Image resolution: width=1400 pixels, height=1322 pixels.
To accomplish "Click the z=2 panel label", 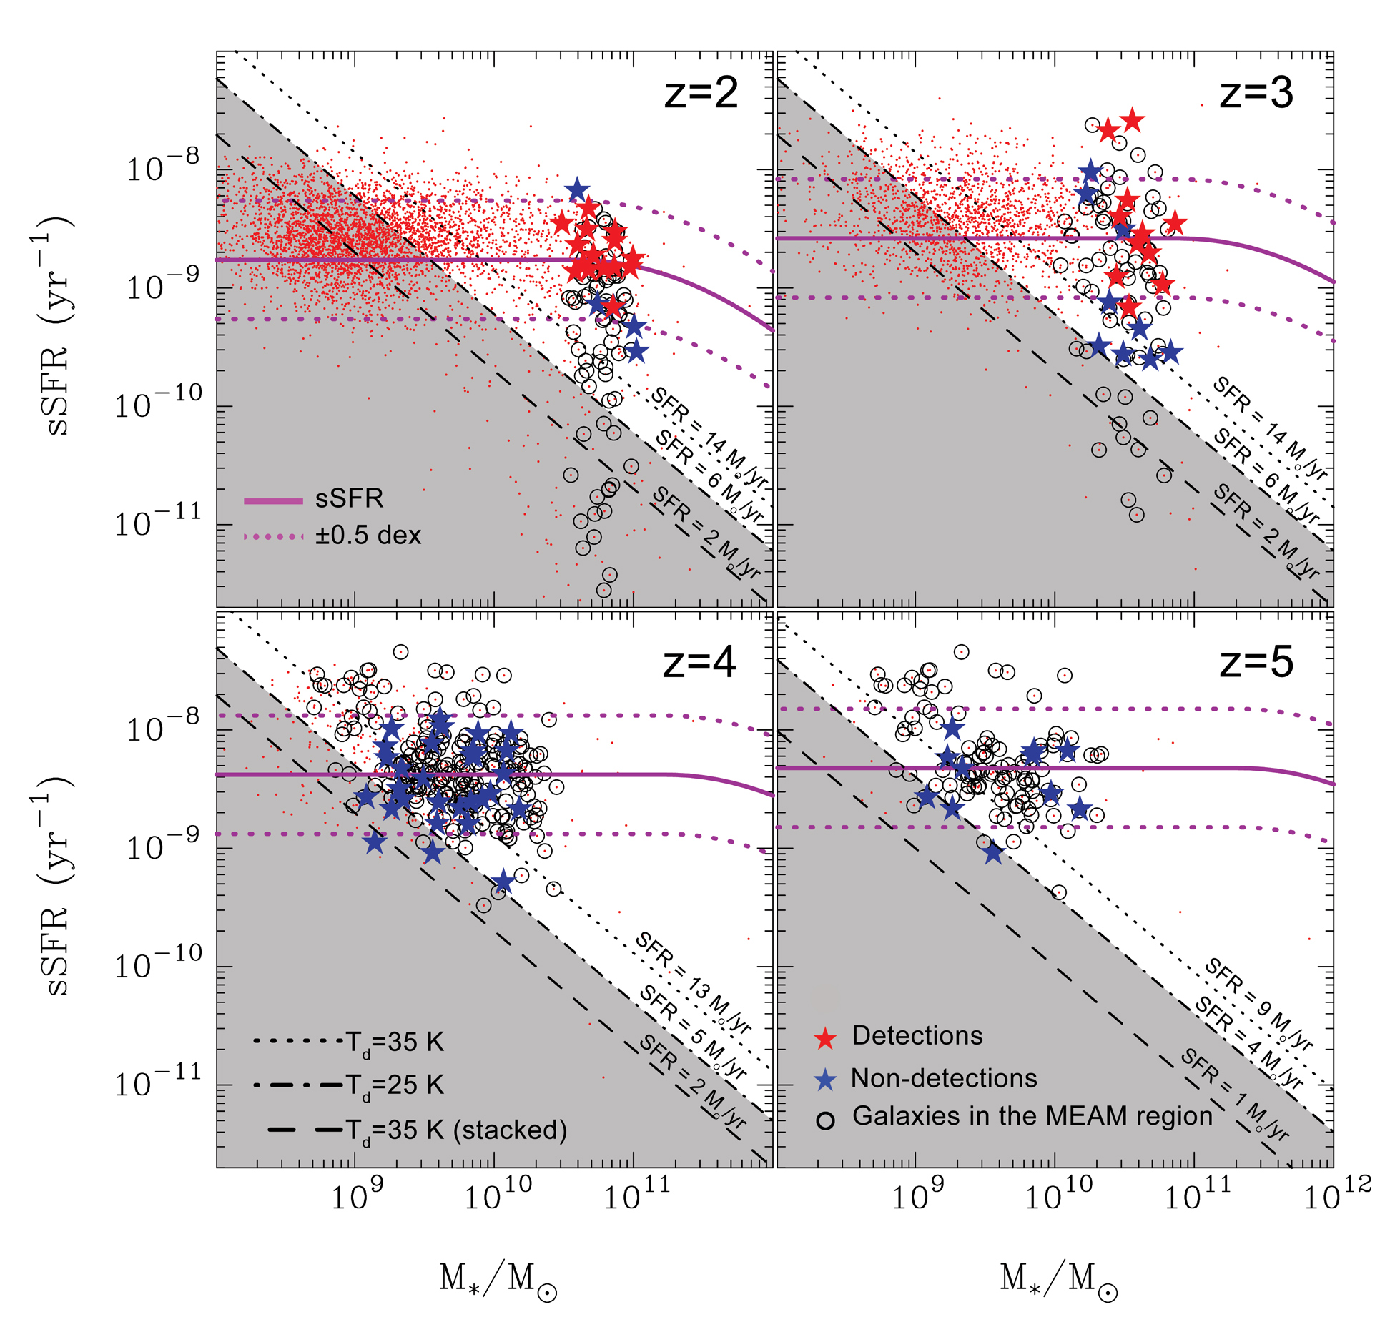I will (x=701, y=94).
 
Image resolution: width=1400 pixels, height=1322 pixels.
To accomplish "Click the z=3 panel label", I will (x=1256, y=94).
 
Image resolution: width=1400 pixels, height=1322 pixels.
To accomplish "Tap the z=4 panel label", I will (x=699, y=662).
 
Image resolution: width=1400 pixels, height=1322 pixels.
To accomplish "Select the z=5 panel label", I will (x=1256, y=662).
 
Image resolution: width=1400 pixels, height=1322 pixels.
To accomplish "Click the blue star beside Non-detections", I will (x=826, y=1080).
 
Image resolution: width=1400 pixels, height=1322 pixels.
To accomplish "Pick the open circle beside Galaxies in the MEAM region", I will (x=826, y=1120).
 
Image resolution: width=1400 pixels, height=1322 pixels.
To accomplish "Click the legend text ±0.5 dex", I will (x=368, y=536).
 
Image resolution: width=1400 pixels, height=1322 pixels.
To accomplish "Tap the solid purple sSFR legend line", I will (x=273, y=500).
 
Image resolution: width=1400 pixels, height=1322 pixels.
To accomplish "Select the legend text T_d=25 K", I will (x=395, y=1085).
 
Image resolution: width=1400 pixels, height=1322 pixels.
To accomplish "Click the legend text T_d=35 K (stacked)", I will (x=456, y=1130).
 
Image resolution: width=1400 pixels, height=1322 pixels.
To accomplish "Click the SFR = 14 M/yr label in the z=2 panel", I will (x=709, y=438).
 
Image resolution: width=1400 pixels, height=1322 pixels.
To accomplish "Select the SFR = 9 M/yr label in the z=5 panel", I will (x=1258, y=1006).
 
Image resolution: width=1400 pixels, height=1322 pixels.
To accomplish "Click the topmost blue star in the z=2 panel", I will (x=576, y=190).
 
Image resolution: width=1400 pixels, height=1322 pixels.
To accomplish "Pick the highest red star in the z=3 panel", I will (x=1131, y=120).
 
